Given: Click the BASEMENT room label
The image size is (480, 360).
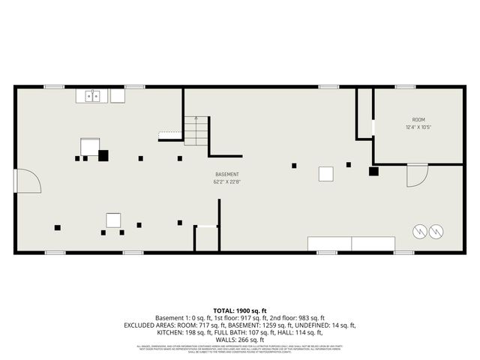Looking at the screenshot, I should click(226, 175).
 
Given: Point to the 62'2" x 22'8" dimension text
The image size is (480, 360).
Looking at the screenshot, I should click(226, 181).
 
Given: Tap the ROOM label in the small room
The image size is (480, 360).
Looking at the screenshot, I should click(418, 120).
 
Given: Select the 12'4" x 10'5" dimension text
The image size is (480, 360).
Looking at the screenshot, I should click(418, 127).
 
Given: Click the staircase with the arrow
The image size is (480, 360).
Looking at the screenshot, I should click(196, 130).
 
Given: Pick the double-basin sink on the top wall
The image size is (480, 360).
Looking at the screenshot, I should click(93, 96).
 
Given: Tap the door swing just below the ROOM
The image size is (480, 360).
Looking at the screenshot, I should click(415, 175).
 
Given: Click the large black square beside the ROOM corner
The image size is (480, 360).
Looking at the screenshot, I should click(373, 171).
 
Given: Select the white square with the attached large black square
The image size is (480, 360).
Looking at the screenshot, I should click(91, 146).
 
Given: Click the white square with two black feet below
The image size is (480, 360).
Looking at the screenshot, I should click(113, 220).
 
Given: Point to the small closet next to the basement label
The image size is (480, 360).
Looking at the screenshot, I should click(206, 239).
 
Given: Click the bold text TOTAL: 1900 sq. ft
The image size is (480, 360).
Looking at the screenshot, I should click(240, 310).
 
